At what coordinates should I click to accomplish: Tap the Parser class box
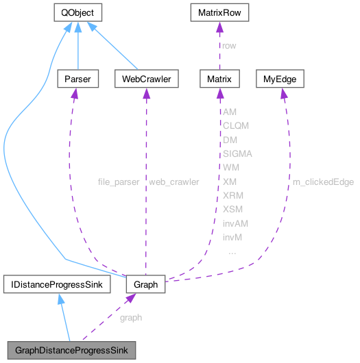(77, 79)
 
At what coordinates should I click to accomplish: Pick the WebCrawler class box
(146, 79)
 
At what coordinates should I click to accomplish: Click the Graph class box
(145, 284)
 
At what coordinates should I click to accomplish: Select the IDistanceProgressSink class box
(57, 284)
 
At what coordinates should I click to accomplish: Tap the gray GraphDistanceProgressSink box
(71, 350)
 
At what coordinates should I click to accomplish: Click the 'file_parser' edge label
(119, 181)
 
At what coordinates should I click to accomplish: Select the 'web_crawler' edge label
(174, 181)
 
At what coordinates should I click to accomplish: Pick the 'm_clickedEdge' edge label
(323, 181)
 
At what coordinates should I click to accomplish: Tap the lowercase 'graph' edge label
(131, 318)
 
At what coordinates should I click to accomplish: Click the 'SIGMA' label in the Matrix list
(237, 153)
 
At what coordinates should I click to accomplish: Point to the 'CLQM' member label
(236, 126)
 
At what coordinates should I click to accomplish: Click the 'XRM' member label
(233, 195)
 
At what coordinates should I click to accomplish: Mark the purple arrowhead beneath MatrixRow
(219, 27)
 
